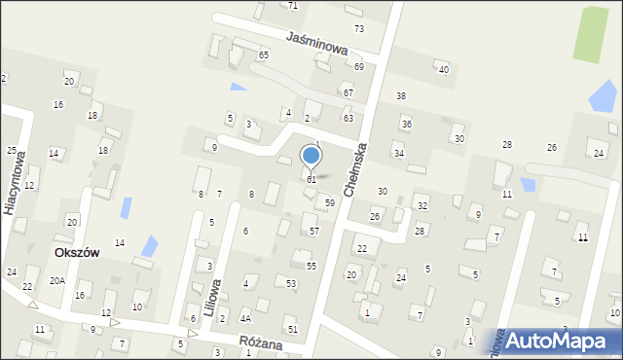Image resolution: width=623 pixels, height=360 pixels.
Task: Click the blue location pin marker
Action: pos(311,156)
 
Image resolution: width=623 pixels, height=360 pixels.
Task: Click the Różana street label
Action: pos(260,343)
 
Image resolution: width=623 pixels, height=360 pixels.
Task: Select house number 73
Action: pos(359,29)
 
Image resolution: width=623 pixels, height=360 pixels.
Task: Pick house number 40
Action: pos(443,70)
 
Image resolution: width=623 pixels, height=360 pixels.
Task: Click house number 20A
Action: pos(57,281)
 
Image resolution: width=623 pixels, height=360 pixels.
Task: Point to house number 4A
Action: pos(246,318)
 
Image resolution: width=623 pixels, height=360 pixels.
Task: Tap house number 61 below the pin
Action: pos(311,180)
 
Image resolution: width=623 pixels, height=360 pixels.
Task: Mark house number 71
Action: pos(293,6)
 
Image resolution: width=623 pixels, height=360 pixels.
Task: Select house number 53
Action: pos(291,283)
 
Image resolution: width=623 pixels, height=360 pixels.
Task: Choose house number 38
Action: pos(400,95)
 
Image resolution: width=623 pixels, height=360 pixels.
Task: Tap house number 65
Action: pos(264,55)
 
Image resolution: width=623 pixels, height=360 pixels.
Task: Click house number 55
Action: pos(311,266)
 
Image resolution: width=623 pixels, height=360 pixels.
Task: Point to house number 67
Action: pos(348,92)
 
